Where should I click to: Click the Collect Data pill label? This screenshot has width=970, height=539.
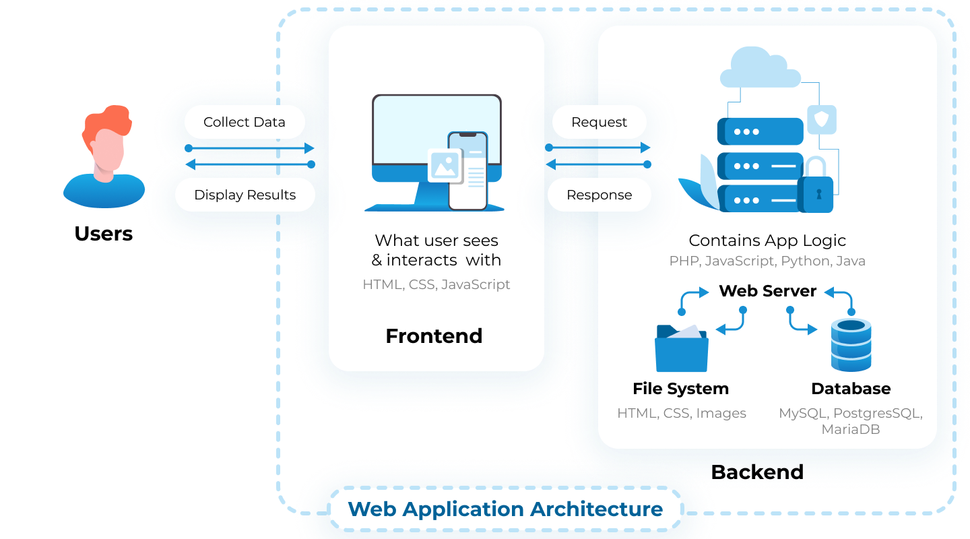click(245, 122)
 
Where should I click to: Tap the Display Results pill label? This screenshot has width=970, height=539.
click(245, 195)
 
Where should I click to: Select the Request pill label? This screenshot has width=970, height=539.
click(599, 122)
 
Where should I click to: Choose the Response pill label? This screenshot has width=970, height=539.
click(599, 195)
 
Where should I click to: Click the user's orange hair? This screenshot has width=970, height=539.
click(107, 121)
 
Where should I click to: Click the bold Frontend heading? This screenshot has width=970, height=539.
click(434, 336)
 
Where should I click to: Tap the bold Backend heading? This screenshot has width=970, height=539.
click(757, 472)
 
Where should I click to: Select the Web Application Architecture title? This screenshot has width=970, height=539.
click(505, 509)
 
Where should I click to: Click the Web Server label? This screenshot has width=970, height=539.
click(767, 291)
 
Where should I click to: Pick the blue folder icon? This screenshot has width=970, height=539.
click(681, 349)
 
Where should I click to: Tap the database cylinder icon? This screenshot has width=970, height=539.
click(851, 345)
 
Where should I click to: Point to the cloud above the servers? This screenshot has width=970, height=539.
click(760, 68)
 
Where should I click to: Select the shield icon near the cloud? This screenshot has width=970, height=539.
click(822, 120)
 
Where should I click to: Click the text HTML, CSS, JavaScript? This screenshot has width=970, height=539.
click(436, 284)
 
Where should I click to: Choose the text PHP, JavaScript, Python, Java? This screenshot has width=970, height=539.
click(767, 261)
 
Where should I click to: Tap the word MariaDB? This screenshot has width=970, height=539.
click(850, 429)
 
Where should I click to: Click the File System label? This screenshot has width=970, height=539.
click(680, 389)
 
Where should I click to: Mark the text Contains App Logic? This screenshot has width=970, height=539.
click(767, 241)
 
